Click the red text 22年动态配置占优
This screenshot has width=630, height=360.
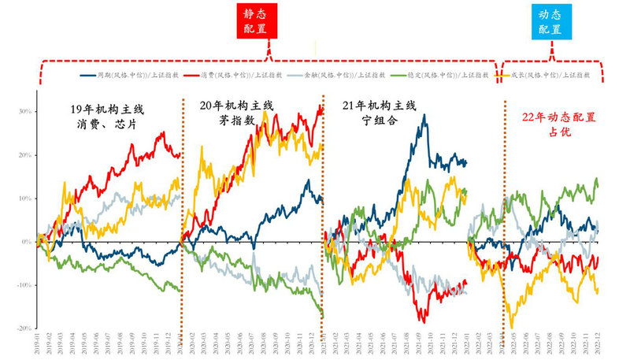559,124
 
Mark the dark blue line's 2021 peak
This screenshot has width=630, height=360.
425,115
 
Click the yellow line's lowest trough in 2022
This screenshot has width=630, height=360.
513,327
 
